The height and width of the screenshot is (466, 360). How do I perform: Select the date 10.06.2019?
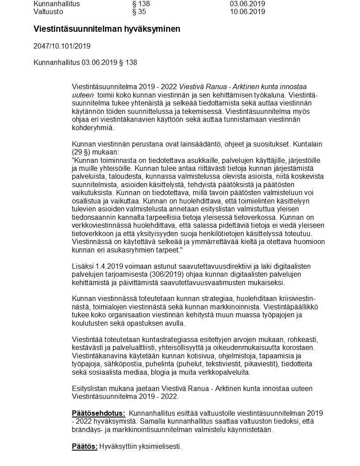(x=247, y=12)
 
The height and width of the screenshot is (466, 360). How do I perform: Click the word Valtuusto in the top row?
(x=48, y=12)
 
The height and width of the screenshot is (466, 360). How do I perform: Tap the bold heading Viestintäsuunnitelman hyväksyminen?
(x=107, y=29)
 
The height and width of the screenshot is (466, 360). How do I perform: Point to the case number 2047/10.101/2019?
(x=62, y=46)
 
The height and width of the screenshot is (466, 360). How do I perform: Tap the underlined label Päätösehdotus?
(x=98, y=413)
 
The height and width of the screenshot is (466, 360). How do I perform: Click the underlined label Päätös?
(x=85, y=447)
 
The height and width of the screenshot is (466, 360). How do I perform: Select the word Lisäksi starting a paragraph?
(x=82, y=267)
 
